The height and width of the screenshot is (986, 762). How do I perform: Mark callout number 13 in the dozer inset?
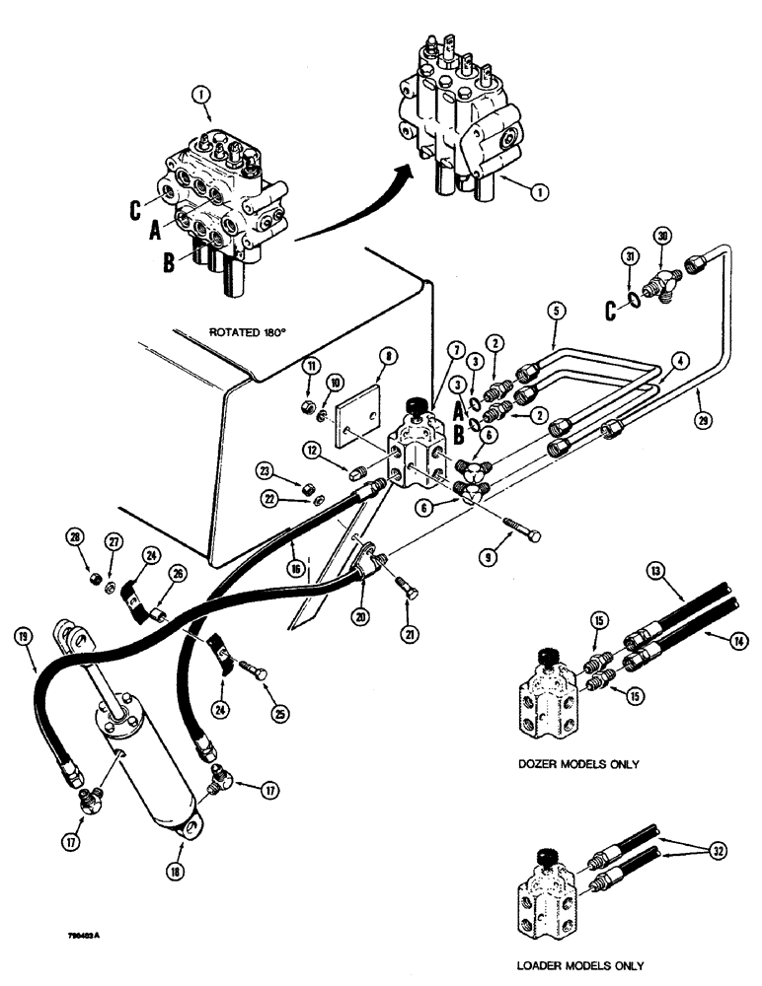(x=654, y=570)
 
